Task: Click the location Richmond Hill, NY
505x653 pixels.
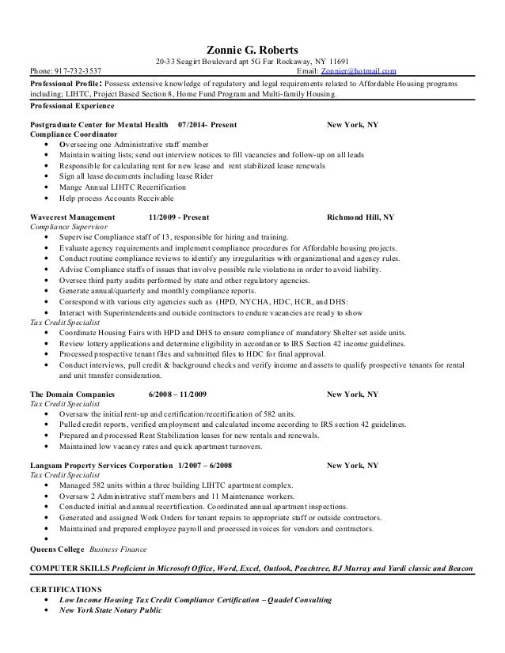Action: coord(360,216)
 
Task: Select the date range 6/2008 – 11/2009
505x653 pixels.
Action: coord(177,393)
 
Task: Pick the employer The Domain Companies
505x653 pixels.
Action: coord(72,393)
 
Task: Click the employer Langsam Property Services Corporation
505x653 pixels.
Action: coord(100,466)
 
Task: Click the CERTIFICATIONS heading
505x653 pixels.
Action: coord(65,590)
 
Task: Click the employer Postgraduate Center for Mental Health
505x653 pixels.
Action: coord(98,125)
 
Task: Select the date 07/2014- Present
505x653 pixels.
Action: coord(204,125)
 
